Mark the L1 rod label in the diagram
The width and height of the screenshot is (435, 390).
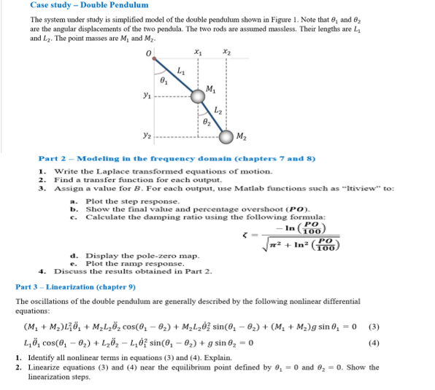click(182, 71)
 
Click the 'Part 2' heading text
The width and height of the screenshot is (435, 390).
click(52, 158)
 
